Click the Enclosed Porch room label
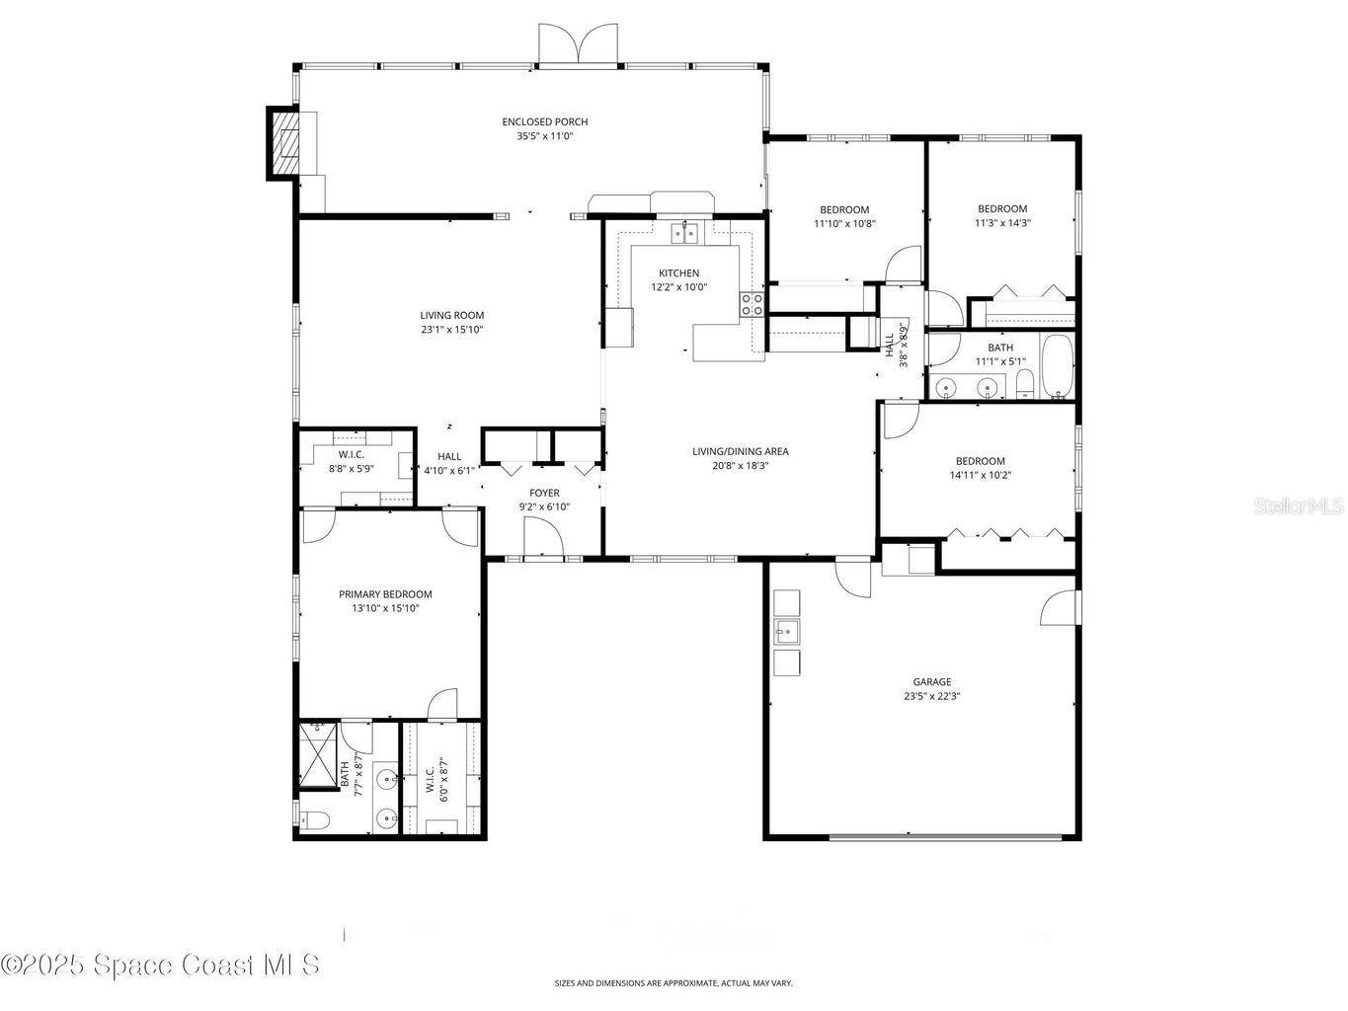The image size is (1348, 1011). [544, 122]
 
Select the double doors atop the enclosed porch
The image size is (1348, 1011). [578, 46]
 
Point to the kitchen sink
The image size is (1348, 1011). [683, 233]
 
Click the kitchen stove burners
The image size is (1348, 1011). [752, 304]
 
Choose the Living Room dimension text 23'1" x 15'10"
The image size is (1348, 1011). [451, 330]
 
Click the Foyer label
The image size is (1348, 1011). [544, 493]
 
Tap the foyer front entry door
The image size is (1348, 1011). [543, 539]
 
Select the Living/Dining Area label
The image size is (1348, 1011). [740, 452]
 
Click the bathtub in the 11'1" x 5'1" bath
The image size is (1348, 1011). [1057, 367]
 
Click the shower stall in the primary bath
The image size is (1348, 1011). [318, 756]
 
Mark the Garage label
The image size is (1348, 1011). [931, 681]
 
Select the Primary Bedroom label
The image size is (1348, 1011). [385, 594]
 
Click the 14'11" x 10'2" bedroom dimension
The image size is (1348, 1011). [980, 475]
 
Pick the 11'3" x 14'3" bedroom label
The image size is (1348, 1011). [1002, 209]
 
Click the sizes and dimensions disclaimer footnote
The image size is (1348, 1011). [674, 983]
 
